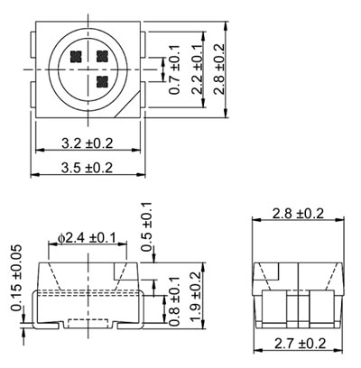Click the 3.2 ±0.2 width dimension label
pos(88,143)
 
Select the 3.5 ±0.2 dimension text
pos(88,168)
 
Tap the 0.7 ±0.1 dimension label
pos(174,69)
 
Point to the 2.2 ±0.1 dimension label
pos(197,69)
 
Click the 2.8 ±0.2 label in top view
pos(218,69)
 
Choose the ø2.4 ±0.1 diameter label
pos(87,238)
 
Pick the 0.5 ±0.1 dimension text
pos(147,226)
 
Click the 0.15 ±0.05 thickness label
pos(16,278)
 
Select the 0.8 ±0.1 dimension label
pos(174,301)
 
